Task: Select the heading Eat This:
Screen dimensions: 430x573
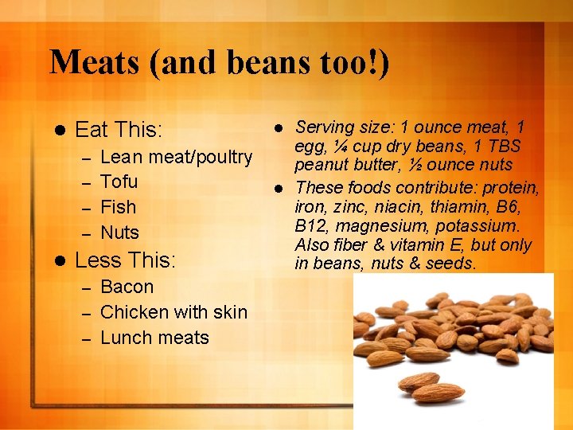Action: pyautogui.click(x=119, y=130)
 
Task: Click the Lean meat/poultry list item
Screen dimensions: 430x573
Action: pyautogui.click(x=177, y=157)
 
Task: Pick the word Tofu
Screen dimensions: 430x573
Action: pyautogui.click(x=119, y=182)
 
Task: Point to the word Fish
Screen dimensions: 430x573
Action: pyautogui.click(x=119, y=207)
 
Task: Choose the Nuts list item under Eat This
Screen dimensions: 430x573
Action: pyautogui.click(x=120, y=233)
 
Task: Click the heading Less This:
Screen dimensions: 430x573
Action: pyautogui.click(x=124, y=260)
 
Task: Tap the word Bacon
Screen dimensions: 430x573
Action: pyautogui.click(x=127, y=287)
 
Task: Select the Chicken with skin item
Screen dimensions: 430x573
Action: pyautogui.click(x=174, y=312)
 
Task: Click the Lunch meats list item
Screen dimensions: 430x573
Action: pyautogui.click(x=155, y=338)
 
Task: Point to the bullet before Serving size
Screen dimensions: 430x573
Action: pyautogui.click(x=279, y=127)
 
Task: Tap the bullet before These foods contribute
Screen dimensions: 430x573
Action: pyautogui.click(x=279, y=189)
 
